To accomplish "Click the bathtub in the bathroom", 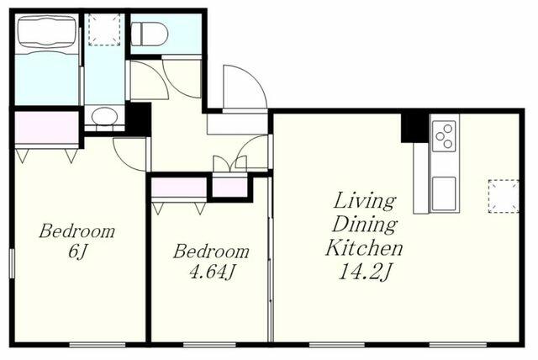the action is coord(47,33).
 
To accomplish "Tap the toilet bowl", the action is coord(150,34).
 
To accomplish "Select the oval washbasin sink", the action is coord(104,115).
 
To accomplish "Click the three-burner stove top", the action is coord(445,136).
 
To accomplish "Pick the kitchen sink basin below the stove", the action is coord(445,193).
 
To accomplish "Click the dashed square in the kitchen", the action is coord(504,196).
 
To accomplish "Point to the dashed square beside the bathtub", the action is coord(104,29).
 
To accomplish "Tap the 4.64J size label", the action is coord(213,273).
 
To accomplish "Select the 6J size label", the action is coord(77,251).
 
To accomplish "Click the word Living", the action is coord(365,201).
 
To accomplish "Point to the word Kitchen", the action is coord(364,247).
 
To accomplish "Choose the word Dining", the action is coord(365,225).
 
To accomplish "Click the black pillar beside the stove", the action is coord(415,128).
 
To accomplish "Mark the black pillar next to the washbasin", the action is coord(138,119).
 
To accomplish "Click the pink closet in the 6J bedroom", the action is coord(47,128).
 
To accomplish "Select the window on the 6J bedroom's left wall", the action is coord(12,263).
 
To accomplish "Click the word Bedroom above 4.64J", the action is coord(211,251).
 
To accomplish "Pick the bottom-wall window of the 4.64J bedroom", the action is coord(209,345).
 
